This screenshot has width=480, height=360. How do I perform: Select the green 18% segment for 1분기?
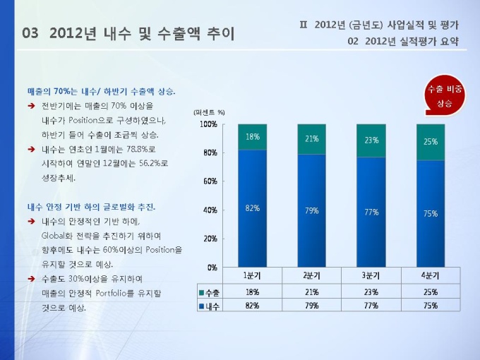tap(252, 137)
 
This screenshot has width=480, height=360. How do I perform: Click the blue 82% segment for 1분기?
tap(252, 208)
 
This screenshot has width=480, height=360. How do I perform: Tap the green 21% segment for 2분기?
tap(311, 139)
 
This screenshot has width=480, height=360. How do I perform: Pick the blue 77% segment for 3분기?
tap(371, 211)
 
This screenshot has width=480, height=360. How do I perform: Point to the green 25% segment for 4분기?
tap(430, 142)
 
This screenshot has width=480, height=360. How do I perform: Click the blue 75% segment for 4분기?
tap(430, 213)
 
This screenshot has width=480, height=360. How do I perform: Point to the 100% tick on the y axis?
tap(208, 125)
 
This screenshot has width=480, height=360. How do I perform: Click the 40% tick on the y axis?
tap(210, 210)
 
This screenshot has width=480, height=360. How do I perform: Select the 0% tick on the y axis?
tap(212, 268)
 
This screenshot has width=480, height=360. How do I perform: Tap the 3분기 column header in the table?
tap(371, 275)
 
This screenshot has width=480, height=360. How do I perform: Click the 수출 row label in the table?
tap(208, 292)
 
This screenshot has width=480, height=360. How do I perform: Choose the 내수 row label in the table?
tap(208, 306)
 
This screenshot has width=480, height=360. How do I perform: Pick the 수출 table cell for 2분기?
tap(311, 292)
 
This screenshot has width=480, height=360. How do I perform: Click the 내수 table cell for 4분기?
tap(430, 306)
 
